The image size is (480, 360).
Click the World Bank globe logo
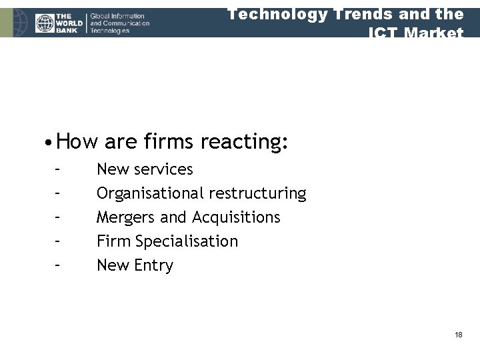tap(45, 23)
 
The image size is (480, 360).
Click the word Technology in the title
tap(274, 14)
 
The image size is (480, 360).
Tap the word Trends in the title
tap(361, 14)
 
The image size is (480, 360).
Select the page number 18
tap(458, 335)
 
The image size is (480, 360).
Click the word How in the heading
tap(77, 141)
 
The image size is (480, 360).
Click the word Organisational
tap(150, 193)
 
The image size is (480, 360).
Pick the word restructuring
tap(257, 193)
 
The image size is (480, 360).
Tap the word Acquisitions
tap(236, 217)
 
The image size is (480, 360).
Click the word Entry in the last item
tap(153, 265)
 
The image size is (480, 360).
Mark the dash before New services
tap(59, 169)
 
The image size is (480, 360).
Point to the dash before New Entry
tap(59, 265)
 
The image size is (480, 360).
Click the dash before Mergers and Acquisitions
tap(59, 217)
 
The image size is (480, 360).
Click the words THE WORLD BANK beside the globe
tap(69, 23)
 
